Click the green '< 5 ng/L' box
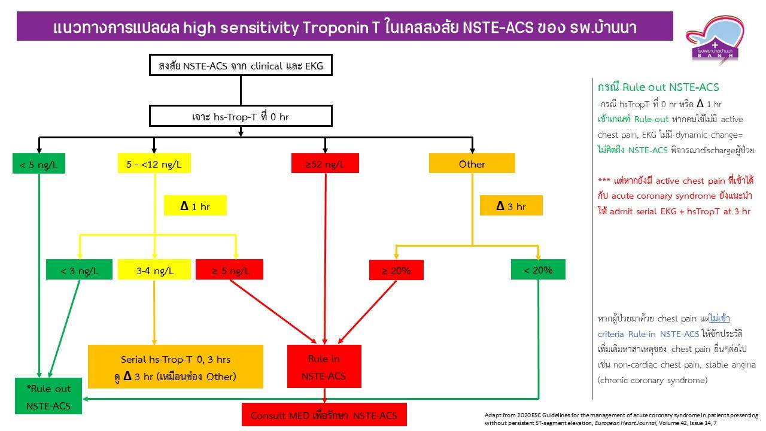coord(39,164)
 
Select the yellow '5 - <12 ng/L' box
coord(154,163)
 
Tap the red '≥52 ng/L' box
coord(325,163)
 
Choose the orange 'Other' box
coord(472,163)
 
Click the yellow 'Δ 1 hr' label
coord(196,206)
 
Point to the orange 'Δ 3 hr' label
coord(510,206)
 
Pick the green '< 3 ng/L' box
coord(80,270)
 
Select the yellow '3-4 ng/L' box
coord(154,270)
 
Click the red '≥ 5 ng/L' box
coord(229,270)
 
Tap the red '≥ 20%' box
coord(396,270)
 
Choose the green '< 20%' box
coord(538,269)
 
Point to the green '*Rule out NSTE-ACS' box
coord(48,397)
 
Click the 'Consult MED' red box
coord(324,415)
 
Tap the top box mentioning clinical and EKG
coord(240,66)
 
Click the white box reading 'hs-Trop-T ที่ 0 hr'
coord(240,116)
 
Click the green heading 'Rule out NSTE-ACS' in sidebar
coord(658,87)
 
